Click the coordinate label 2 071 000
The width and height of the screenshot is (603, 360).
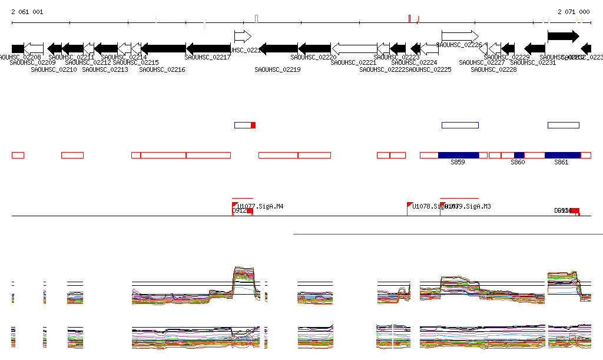(x=574, y=12)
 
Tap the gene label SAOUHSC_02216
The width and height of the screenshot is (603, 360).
(x=162, y=70)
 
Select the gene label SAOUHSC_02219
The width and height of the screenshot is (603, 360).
(x=277, y=70)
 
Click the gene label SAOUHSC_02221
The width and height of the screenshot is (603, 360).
(x=354, y=62)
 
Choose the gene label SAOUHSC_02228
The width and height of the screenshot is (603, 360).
(x=493, y=70)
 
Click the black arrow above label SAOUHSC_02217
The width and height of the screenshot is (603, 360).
(x=208, y=48)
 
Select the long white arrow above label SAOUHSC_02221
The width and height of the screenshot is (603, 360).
(x=354, y=48)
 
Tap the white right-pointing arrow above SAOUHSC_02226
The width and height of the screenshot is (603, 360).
(x=460, y=36)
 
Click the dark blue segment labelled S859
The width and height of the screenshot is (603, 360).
(x=458, y=155)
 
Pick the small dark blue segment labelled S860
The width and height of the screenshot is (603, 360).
(x=519, y=155)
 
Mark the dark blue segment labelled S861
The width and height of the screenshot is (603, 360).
(x=562, y=155)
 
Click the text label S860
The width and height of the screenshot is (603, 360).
(x=518, y=163)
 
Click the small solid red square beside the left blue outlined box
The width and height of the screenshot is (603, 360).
(x=253, y=125)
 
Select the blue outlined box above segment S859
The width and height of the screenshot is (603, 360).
(x=460, y=125)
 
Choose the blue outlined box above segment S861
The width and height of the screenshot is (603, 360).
(x=564, y=125)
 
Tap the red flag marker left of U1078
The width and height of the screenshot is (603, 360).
(x=410, y=205)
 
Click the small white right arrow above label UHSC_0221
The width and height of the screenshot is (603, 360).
(x=243, y=36)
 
